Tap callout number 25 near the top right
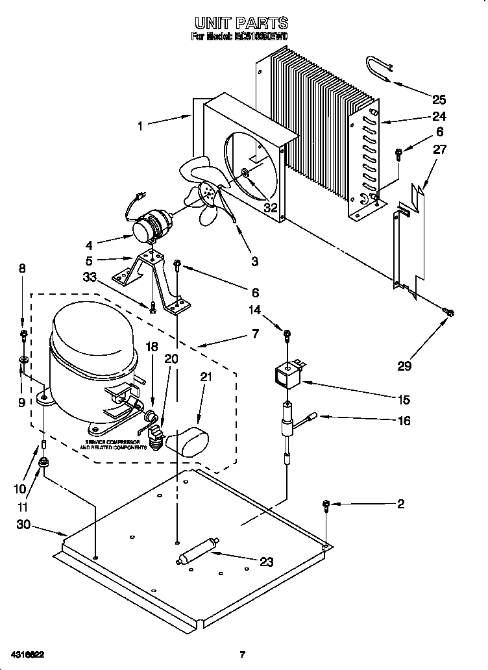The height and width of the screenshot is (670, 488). point(439,99)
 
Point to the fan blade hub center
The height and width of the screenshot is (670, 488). point(210,191)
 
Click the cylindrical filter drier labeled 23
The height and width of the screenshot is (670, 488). point(197,551)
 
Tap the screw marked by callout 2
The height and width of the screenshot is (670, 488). point(326,504)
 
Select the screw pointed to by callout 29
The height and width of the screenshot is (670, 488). point(447,314)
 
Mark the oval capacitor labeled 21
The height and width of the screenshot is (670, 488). point(186,442)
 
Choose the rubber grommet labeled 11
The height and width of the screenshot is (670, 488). point(44,462)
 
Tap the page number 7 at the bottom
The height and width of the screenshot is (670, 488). point(241,654)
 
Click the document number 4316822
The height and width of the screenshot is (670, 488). point(27,654)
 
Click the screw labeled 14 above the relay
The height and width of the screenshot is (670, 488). point(286,334)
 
